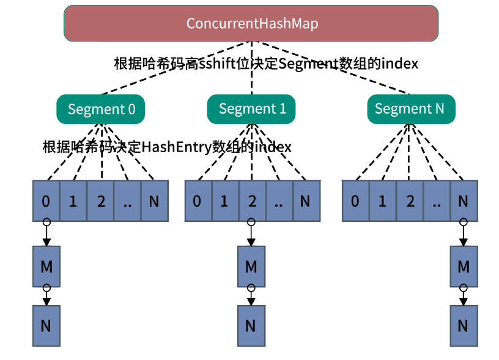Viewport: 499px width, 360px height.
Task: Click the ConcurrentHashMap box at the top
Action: point(251,23)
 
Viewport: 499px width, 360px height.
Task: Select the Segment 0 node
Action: point(100,109)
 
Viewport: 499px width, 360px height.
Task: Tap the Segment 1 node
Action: point(251,109)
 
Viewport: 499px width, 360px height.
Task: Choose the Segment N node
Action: point(411,109)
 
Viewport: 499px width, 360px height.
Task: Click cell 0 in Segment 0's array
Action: point(46,201)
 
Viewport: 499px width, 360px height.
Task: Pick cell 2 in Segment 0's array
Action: point(100,201)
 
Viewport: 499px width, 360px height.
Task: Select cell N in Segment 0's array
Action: point(155,201)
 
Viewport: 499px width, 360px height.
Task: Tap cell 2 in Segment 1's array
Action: point(253,201)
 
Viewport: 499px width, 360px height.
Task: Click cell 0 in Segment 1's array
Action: point(198,201)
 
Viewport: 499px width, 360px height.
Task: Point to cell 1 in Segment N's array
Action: point(383,201)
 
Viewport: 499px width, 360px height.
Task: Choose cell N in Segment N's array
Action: point(464,201)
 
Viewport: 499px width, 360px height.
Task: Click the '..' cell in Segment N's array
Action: point(437,201)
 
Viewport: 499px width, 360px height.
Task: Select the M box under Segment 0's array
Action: point(46,266)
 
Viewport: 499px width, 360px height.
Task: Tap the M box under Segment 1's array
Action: point(251,266)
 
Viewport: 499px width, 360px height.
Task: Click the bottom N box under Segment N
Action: point(464,326)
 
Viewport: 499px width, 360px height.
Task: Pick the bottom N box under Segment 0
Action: point(46,326)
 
